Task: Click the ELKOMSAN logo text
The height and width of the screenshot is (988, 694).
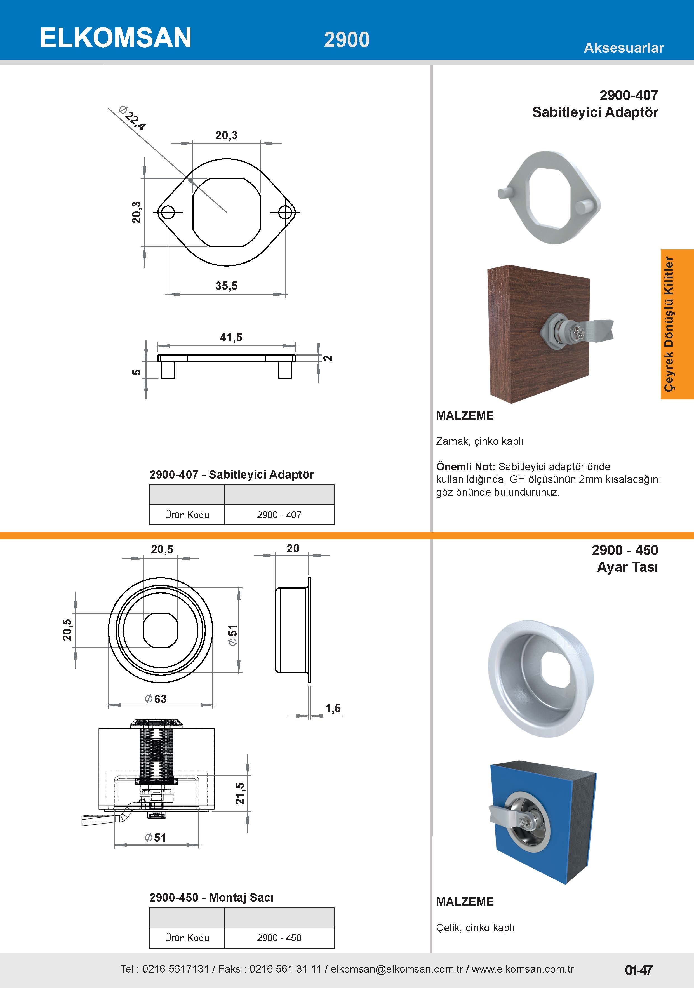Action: pyautogui.click(x=115, y=38)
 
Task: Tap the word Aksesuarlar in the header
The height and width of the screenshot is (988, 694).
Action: pyautogui.click(x=624, y=48)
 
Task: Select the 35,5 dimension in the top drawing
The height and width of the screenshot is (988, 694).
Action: pyautogui.click(x=226, y=286)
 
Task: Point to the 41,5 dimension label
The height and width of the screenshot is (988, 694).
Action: pyautogui.click(x=231, y=337)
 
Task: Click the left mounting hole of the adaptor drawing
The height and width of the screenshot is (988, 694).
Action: pyautogui.click(x=166, y=212)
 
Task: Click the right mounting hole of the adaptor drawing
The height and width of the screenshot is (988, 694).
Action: pyautogui.click(x=286, y=212)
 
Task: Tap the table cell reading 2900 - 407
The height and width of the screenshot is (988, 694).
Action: pyautogui.click(x=279, y=515)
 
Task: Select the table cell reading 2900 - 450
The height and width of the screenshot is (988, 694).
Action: pyautogui.click(x=279, y=938)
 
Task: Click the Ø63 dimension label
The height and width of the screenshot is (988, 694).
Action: pyautogui.click(x=156, y=698)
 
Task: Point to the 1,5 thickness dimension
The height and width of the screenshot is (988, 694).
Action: pyautogui.click(x=333, y=708)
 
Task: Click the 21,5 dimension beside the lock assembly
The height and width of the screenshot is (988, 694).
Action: pyautogui.click(x=240, y=793)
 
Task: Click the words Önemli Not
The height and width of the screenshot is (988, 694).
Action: pyautogui.click(x=465, y=467)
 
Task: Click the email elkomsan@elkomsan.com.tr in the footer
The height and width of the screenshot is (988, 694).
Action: pyautogui.click(x=397, y=969)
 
